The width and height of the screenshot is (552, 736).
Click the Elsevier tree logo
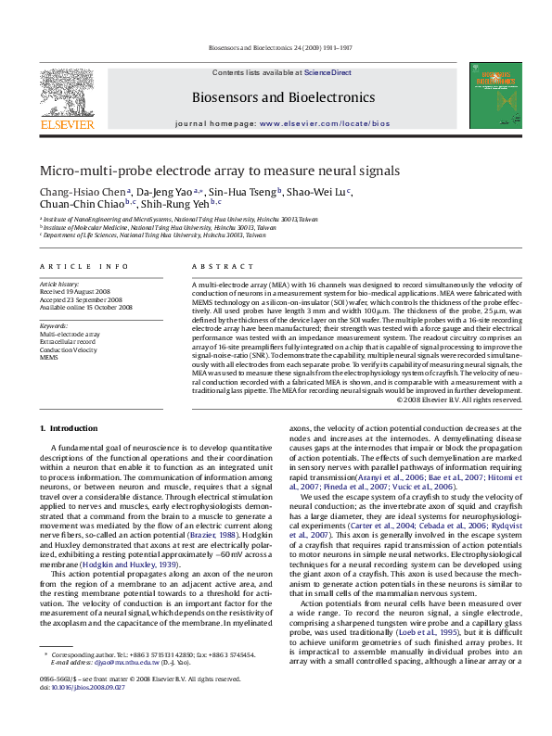66,92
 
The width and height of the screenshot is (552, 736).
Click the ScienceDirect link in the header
327,71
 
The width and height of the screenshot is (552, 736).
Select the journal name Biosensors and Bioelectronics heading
283,96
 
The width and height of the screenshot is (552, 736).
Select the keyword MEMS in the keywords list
48,357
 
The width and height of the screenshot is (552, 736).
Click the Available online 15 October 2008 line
85,308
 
